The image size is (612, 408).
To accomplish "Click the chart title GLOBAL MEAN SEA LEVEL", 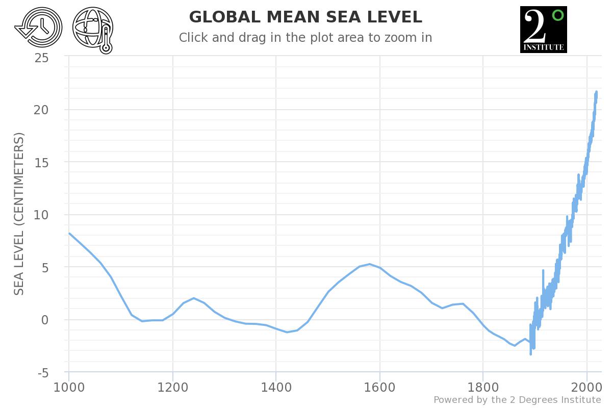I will click(x=305, y=17).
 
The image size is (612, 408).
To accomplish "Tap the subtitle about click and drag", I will click(x=305, y=38).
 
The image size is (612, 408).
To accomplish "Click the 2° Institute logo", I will click(x=543, y=30).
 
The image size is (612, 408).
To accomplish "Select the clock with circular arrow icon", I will click(x=38, y=29).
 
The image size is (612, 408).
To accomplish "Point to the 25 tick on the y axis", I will click(x=42, y=58).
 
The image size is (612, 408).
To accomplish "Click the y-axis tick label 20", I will click(x=42, y=110).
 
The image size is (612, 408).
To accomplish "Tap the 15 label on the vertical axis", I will click(x=42, y=163).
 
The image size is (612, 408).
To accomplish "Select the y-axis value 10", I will click(x=42, y=215).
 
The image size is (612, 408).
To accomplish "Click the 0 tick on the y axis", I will click(x=45, y=320).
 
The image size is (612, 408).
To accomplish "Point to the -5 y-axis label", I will click(x=43, y=373).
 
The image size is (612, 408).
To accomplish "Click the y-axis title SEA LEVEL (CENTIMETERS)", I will click(x=19, y=214).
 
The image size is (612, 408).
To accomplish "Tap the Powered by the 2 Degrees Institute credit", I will click(x=517, y=400).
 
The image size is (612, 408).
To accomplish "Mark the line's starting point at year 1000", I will click(x=69, y=233).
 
